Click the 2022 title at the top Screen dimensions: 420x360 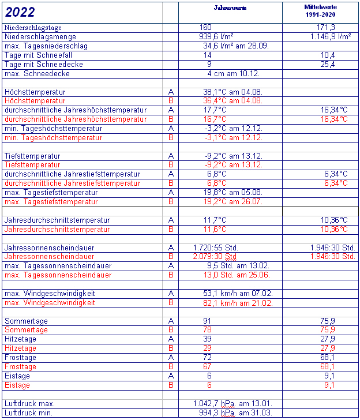[x=20, y=12]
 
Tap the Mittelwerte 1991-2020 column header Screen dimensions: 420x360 [x=319, y=10]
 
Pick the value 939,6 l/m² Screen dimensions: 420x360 [x=217, y=36]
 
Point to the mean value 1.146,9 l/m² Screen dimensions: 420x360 [x=327, y=36]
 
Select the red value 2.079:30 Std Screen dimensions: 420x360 [x=215, y=257]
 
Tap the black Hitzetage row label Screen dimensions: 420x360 [x=20, y=339]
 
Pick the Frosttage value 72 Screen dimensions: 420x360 [x=208, y=358]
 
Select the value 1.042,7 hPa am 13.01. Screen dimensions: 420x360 [x=232, y=404]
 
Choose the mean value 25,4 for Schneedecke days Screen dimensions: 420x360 [x=328, y=64]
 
